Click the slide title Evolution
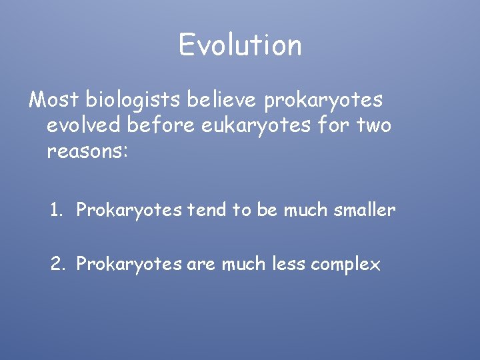(240, 45)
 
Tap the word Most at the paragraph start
(54, 99)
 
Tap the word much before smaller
(308, 210)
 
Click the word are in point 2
(201, 265)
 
